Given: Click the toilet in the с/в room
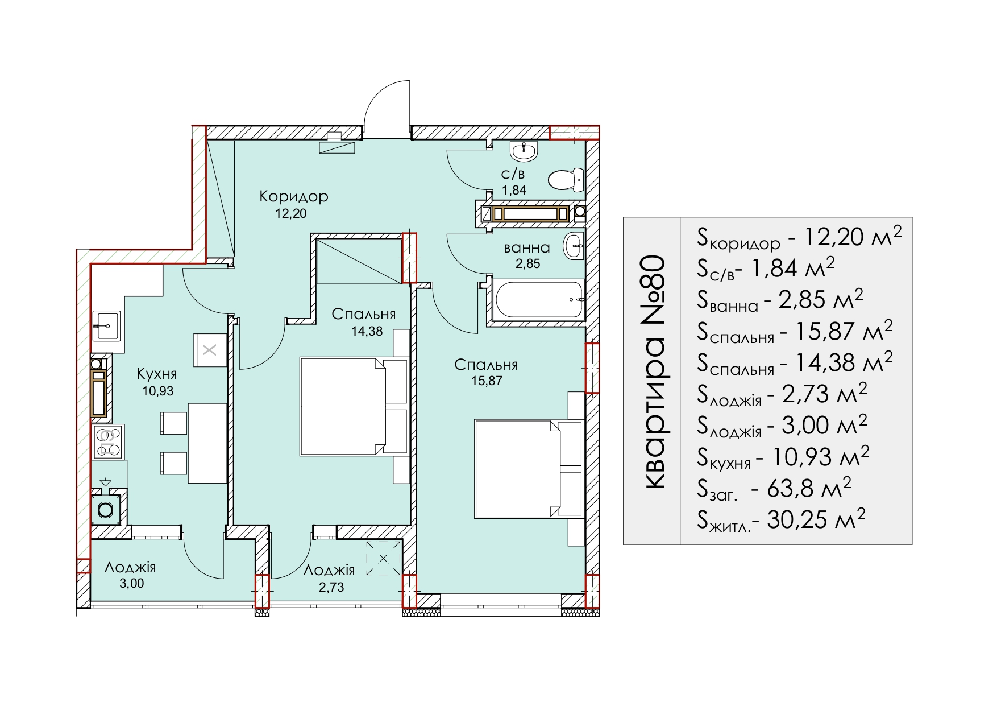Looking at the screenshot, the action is [566, 180].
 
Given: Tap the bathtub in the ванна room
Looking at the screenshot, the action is [537, 299].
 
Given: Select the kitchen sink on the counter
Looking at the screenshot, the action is [106, 325].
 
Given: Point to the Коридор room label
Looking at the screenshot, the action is [294, 196].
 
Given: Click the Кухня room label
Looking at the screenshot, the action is [157, 374].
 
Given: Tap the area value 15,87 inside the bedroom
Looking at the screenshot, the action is [487, 381].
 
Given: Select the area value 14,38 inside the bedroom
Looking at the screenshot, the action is [367, 331].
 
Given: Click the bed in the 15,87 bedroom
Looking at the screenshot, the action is [529, 469].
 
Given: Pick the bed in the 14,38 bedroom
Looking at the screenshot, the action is [354, 406].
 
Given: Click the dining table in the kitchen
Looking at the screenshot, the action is [207, 443].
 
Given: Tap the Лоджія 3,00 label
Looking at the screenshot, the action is [131, 575].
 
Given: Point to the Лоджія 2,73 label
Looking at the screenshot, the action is [330, 578].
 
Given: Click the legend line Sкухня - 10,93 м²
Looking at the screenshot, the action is [783, 457].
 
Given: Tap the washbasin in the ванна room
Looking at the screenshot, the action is [574, 246].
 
